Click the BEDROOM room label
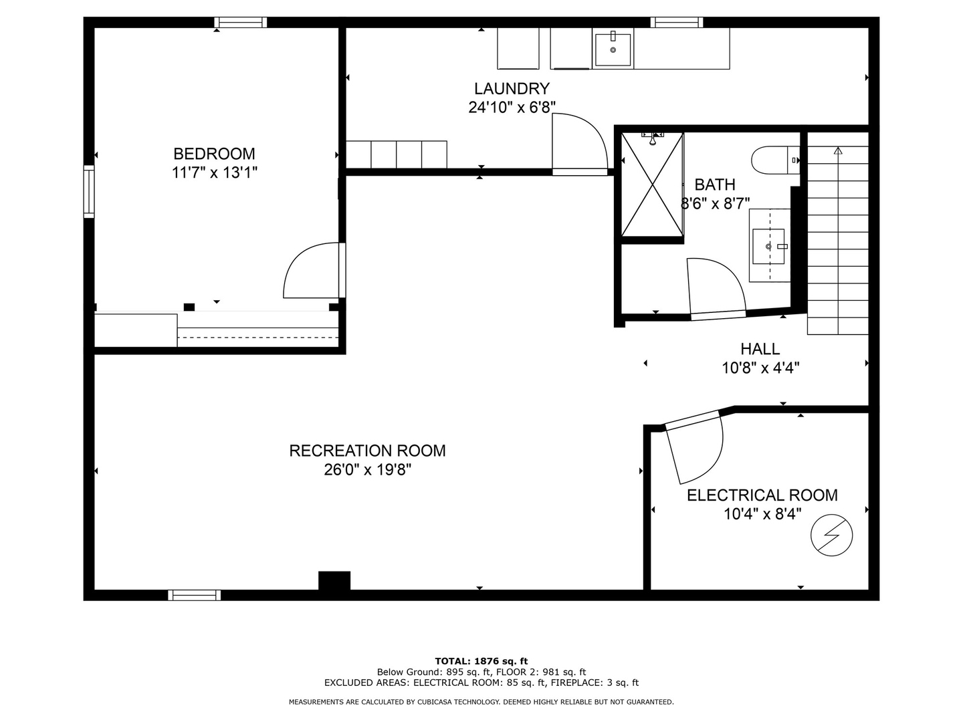(x=214, y=154)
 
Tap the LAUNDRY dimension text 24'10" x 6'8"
(x=512, y=108)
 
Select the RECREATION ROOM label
(x=367, y=451)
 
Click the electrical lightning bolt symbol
(x=832, y=535)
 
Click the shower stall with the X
(x=652, y=185)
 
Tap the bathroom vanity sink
(x=769, y=246)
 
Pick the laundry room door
(x=579, y=144)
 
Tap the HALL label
(x=760, y=349)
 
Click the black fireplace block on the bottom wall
(x=334, y=581)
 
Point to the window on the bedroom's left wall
(x=89, y=192)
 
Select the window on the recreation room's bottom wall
(x=194, y=595)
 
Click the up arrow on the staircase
(x=838, y=151)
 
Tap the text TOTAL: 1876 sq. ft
(x=481, y=661)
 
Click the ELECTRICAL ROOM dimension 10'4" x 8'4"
(x=762, y=514)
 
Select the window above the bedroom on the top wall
(x=241, y=23)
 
